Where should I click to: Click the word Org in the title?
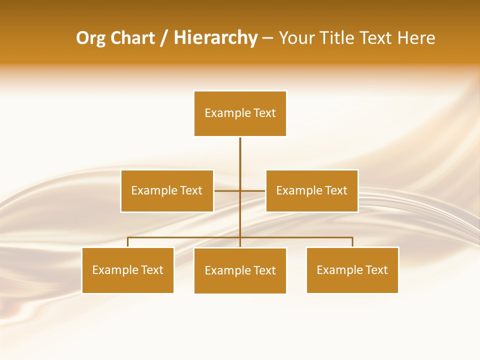91,38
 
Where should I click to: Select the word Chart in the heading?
132,38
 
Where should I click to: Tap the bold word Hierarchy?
215,38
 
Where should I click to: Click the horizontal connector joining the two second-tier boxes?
227,190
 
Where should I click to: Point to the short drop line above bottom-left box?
128,242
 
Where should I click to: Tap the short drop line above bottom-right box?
352,242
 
